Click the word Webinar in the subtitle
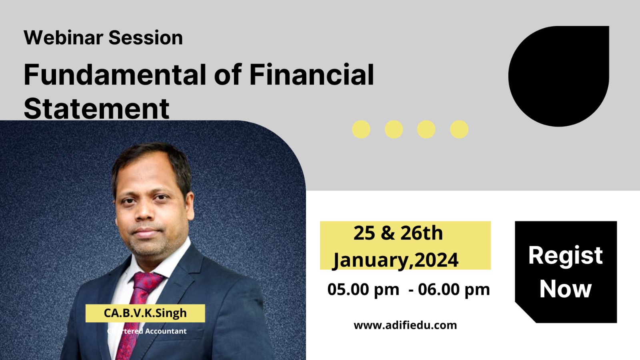click(64, 38)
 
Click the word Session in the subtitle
click(146, 38)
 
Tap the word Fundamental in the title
click(115, 74)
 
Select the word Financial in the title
click(312, 74)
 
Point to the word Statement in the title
click(96, 109)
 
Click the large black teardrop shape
click(558, 76)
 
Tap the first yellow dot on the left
click(361, 130)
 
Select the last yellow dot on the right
click(459, 130)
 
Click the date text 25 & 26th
click(398, 233)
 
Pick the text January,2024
click(396, 260)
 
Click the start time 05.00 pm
click(363, 290)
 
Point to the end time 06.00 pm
click(454, 290)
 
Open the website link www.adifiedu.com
click(405, 325)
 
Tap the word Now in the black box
click(566, 289)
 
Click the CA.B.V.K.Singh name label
click(145, 313)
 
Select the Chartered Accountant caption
click(146, 331)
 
